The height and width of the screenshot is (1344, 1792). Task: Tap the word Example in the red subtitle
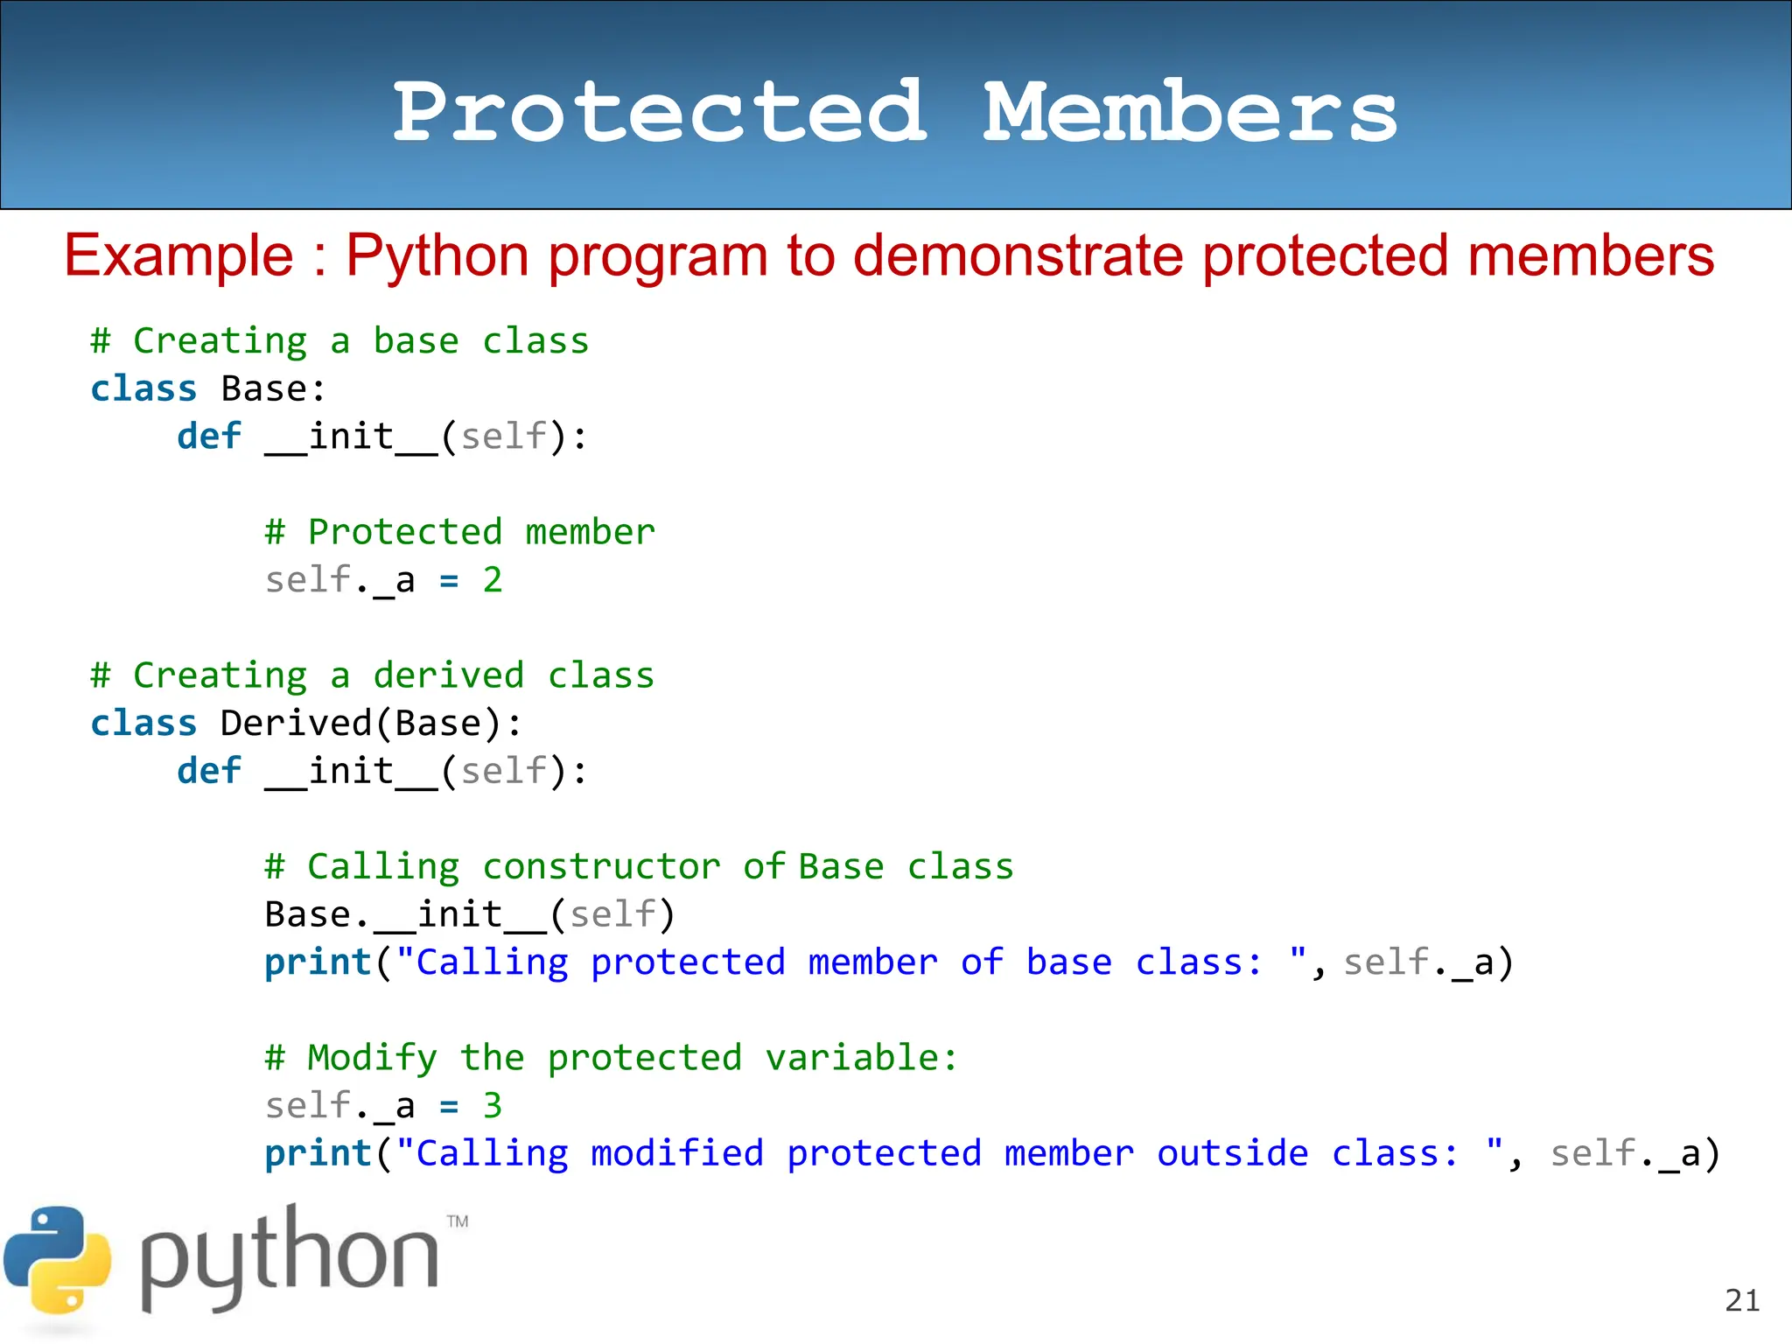coord(178,255)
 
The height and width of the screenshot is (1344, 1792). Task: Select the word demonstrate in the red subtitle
coord(1018,255)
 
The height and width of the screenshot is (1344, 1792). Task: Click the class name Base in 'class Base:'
coord(263,388)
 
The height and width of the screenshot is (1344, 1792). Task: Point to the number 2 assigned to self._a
coord(493,580)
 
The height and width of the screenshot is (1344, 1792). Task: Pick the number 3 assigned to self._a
coord(493,1106)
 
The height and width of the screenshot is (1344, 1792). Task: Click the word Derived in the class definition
coord(297,724)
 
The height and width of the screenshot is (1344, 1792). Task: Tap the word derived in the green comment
coord(448,675)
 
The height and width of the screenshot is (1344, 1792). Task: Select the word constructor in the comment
coord(602,867)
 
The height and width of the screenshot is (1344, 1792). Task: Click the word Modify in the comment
coord(372,1058)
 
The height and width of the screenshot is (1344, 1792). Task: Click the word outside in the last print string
coord(1232,1153)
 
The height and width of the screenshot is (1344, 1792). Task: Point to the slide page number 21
coord(1742,1300)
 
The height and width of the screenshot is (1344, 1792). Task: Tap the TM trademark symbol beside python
coord(458,1221)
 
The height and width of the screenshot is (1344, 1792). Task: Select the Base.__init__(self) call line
coord(470,915)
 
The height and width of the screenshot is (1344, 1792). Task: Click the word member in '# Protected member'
coord(590,532)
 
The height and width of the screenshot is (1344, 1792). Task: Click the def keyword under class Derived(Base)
coord(208,771)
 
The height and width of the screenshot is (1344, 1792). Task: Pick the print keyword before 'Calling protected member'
coord(318,962)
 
